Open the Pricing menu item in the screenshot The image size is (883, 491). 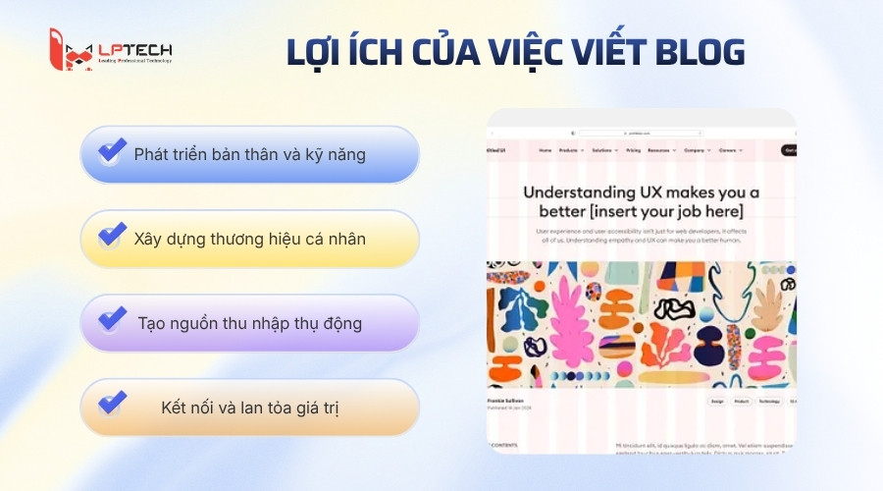pos(633,150)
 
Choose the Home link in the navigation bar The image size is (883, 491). pos(545,150)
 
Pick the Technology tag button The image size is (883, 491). pos(770,402)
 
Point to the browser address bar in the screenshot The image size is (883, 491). pos(639,133)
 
